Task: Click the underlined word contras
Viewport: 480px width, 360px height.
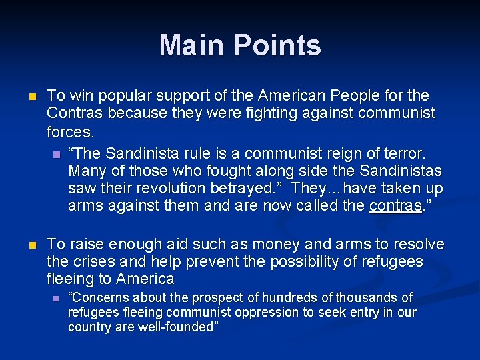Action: [x=395, y=205]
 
